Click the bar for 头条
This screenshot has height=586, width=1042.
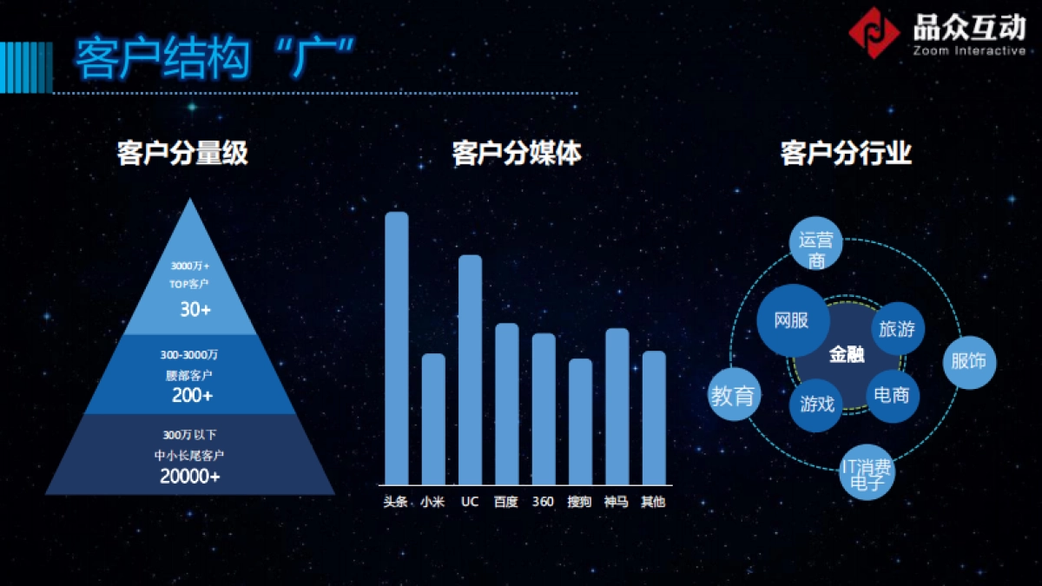click(396, 347)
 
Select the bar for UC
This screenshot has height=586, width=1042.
click(470, 369)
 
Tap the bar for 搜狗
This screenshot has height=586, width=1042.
click(580, 421)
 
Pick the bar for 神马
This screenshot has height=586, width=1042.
click(617, 405)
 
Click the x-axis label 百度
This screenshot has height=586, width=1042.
click(505, 502)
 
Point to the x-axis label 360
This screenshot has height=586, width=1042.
click(543, 502)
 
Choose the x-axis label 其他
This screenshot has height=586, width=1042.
click(653, 502)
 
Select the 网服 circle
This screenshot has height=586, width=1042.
click(791, 320)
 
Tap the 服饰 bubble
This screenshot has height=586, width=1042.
click(968, 361)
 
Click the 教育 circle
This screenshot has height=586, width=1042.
click(733, 396)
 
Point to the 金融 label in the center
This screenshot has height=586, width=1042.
click(847, 354)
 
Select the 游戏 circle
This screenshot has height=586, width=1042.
click(817, 404)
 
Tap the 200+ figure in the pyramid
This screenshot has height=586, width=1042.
click(192, 396)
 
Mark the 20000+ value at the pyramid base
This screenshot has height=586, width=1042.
click(190, 476)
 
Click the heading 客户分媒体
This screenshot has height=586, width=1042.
click(517, 155)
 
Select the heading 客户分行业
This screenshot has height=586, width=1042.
click(846, 155)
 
